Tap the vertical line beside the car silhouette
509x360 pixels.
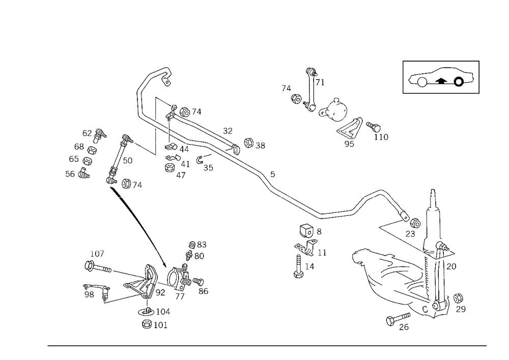point(403,77)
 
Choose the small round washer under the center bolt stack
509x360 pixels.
point(296,275)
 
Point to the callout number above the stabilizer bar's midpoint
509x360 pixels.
point(273,172)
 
